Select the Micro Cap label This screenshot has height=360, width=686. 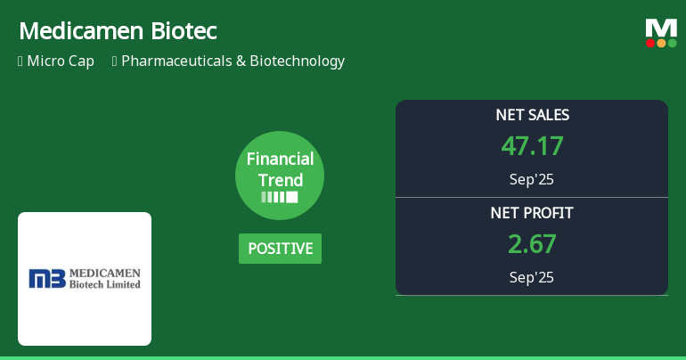(x=61, y=61)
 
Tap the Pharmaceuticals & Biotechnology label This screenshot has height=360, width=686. (x=233, y=61)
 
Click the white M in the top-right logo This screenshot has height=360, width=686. (x=661, y=28)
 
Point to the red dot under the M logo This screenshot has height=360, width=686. (x=650, y=43)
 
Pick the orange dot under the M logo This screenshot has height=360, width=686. (x=661, y=43)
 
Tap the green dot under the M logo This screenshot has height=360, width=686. (x=673, y=43)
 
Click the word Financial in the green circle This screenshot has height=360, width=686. (x=280, y=160)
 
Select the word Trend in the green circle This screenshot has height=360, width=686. (x=280, y=180)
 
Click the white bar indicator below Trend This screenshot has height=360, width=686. (x=280, y=197)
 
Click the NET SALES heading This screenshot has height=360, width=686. (x=532, y=115)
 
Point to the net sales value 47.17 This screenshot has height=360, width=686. (x=532, y=146)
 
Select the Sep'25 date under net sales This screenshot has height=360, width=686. (x=532, y=179)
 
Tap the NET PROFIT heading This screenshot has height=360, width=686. (x=532, y=213)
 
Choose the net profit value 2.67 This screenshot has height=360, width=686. (x=532, y=244)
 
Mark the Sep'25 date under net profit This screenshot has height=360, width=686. (x=532, y=277)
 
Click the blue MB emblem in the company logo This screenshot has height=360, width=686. (x=47, y=279)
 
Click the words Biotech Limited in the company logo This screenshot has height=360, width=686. (x=106, y=284)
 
